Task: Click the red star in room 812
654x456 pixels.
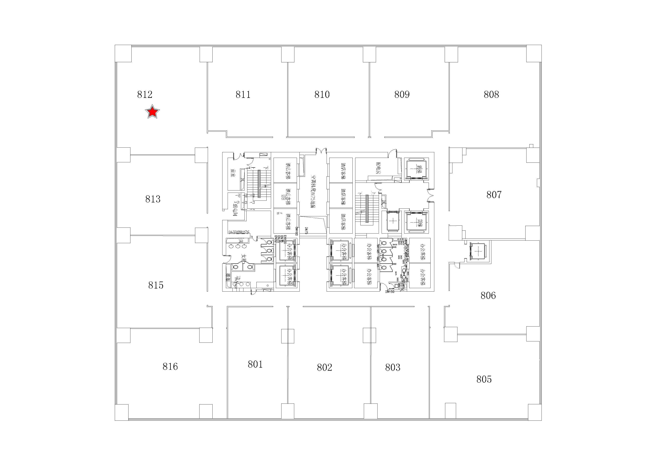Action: point(152,112)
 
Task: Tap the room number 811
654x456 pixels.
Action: point(243,95)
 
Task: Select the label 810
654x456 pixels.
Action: point(322,95)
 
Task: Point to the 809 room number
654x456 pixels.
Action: point(402,95)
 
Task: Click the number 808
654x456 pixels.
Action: point(491,95)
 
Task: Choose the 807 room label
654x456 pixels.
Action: point(494,195)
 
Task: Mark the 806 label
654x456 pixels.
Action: point(488,296)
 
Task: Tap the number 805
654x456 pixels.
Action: point(484,379)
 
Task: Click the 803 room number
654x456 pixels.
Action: point(393,368)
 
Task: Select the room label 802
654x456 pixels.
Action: point(324,368)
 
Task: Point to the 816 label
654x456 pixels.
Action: point(170,366)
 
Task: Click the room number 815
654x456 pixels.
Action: point(156,285)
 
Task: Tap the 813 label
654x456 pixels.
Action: point(153,199)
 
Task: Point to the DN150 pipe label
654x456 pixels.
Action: point(390,292)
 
